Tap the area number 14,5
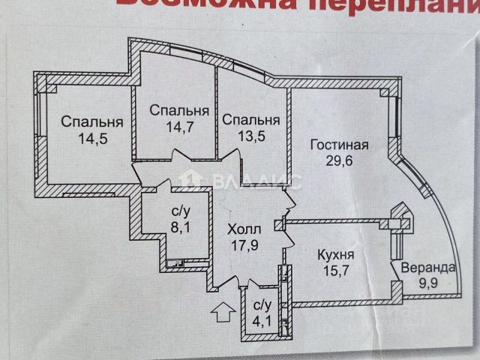pyautogui.click(x=92, y=138)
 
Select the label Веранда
pyautogui.click(x=426, y=268)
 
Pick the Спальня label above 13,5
pyautogui.click(x=250, y=120)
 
